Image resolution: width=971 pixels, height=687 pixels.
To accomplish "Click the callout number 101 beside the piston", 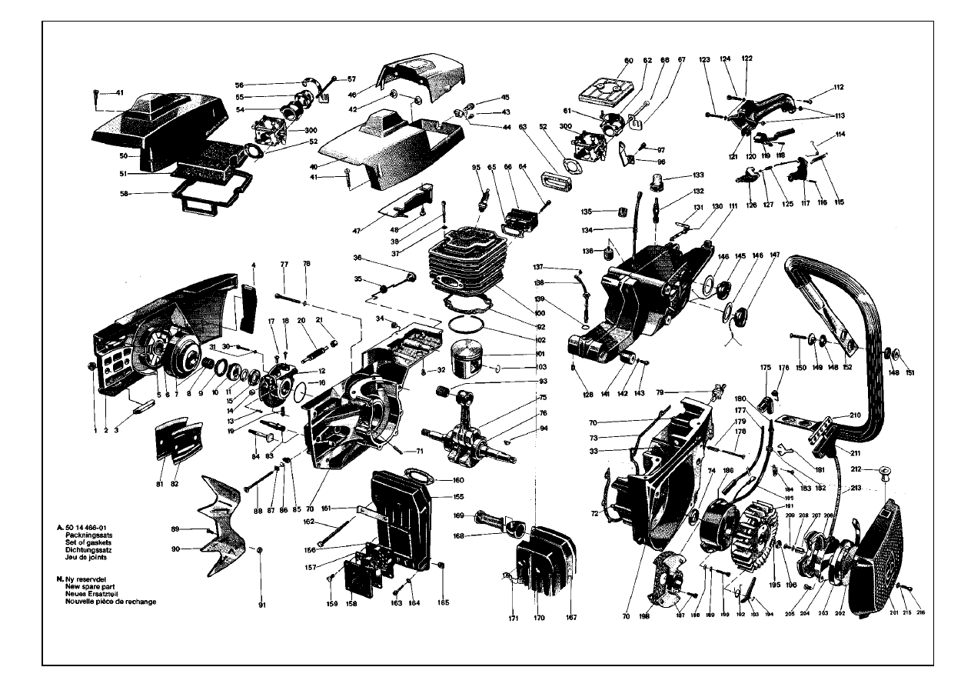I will (519, 355).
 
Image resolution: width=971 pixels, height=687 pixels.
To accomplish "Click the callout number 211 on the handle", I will (857, 453).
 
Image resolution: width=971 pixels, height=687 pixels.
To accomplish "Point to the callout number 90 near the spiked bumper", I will (175, 549).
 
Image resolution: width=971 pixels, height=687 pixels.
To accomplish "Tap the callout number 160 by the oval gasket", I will (458, 481).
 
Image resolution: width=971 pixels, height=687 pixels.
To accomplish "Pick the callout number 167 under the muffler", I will (571, 617).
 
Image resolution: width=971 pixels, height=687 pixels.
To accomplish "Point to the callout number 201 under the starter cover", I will (894, 613).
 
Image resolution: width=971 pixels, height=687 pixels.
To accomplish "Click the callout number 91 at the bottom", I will (261, 605).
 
